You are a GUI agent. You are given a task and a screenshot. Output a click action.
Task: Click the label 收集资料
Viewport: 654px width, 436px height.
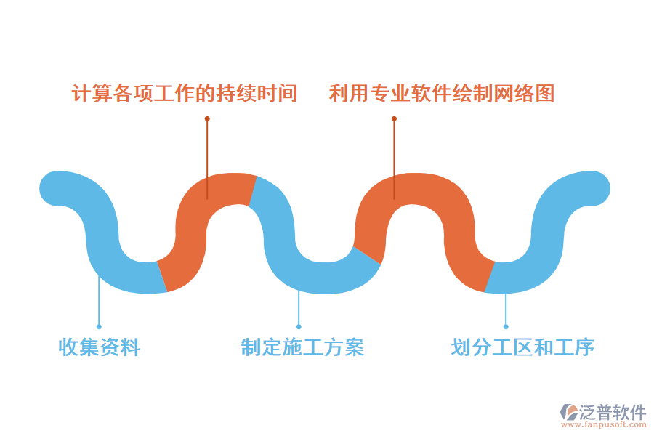pyautogui.click(x=99, y=347)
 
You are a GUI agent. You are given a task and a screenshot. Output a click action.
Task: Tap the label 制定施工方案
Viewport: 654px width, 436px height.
pyautogui.click(x=302, y=347)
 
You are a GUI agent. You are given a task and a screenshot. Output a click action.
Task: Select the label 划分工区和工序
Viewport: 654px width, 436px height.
pyautogui.click(x=522, y=347)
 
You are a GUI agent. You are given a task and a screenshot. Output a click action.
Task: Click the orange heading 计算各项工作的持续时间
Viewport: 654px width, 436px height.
pyautogui.click(x=185, y=93)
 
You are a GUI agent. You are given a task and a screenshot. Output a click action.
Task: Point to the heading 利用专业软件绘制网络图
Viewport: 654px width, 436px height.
pyautogui.click(x=442, y=93)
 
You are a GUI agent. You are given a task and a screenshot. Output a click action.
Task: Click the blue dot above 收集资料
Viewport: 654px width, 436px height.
pyautogui.click(x=99, y=327)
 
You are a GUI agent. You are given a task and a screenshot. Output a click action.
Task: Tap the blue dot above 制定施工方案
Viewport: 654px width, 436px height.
pyautogui.click(x=299, y=327)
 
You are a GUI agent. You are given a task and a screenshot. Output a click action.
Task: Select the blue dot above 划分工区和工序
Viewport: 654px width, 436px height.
pyautogui.click(x=506, y=327)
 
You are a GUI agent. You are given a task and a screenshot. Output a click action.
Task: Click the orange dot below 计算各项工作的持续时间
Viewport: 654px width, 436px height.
pyautogui.click(x=207, y=118)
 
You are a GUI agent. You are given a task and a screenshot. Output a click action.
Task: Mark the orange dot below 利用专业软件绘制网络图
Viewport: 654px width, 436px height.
pyautogui.click(x=394, y=118)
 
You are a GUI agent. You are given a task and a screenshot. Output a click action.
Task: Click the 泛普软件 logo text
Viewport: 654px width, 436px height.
pyautogui.click(x=613, y=413)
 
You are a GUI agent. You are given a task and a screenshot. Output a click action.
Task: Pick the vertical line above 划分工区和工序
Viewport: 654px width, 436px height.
pyautogui.click(x=506, y=309)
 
